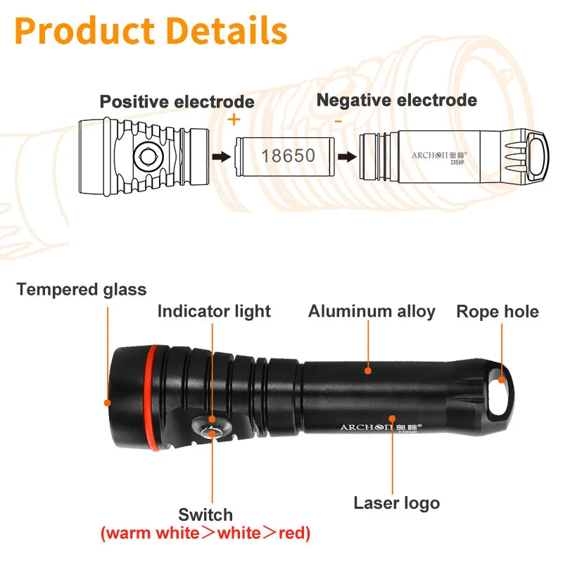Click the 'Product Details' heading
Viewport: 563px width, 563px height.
coord(151,31)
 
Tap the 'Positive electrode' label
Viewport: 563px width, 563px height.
coord(177,102)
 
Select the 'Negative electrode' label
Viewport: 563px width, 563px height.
coord(396,100)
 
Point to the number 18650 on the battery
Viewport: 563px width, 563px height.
coord(288,155)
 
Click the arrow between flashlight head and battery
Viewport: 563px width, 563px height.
coord(221,156)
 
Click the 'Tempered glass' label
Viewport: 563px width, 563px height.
coord(82,289)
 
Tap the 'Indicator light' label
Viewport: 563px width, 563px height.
coord(214,311)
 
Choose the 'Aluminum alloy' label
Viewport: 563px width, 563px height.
coord(372,311)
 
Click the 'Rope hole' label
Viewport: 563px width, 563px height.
coord(498,311)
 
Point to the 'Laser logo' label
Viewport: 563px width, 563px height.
coord(396,503)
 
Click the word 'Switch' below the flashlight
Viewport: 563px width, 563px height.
coord(205,514)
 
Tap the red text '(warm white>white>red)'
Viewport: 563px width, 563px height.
coord(205,533)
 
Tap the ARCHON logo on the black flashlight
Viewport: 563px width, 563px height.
coord(379,427)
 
